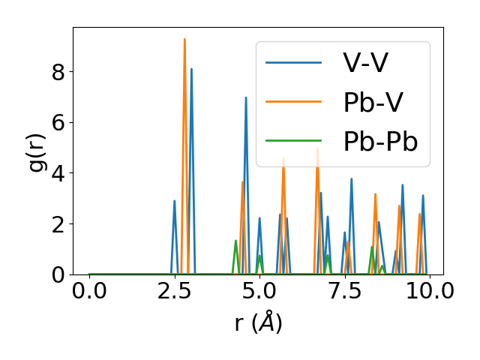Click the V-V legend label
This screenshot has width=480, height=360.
[365, 63]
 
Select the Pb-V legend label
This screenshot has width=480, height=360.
[374, 103]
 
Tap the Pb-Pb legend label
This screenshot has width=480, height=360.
[380, 142]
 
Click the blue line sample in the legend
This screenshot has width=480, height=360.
[294, 63]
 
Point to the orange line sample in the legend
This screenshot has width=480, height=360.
[294, 103]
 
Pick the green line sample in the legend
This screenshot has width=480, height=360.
[294, 142]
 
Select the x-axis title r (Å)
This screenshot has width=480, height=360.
[258, 323]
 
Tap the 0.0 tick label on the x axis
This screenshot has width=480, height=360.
[89, 292]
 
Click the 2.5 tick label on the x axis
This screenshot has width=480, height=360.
[174, 292]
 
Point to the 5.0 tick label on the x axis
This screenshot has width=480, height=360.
[259, 292]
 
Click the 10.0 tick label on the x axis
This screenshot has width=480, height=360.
[424, 292]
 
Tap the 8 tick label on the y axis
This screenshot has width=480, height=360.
[58, 72]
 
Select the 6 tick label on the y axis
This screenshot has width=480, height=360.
[58, 123]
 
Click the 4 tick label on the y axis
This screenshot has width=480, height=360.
[58, 173]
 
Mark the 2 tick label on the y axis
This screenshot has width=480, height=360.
[58, 224]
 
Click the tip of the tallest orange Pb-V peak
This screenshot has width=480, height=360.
[184, 39]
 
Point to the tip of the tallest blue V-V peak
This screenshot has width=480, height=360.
[191, 69]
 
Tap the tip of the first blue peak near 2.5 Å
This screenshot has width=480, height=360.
[175, 201]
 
